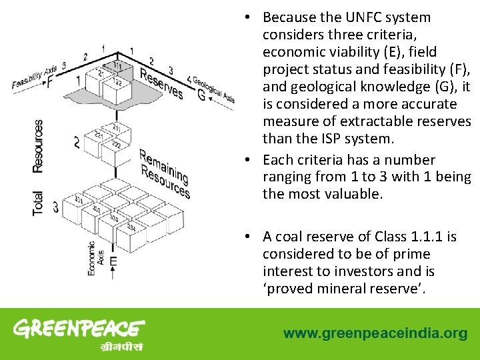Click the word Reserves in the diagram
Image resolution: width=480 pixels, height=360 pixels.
[161, 85]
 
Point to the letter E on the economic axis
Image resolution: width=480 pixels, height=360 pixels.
[113, 262]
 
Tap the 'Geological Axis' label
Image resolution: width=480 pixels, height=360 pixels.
[214, 88]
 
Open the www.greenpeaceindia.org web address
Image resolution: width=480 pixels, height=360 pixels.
[375, 333]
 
